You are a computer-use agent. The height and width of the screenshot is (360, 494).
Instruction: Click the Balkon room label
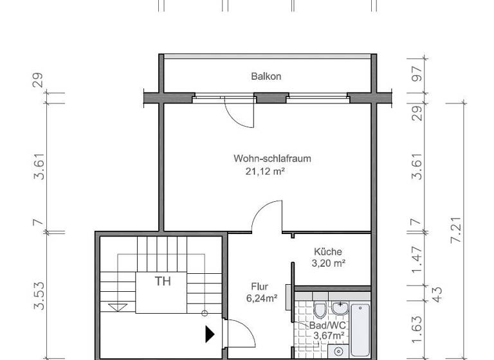(x=266, y=76)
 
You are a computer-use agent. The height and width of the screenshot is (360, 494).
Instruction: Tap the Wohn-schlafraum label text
(x=264, y=158)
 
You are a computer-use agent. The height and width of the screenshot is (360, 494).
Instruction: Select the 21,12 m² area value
(x=264, y=171)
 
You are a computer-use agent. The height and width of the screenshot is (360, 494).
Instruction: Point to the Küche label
(x=328, y=251)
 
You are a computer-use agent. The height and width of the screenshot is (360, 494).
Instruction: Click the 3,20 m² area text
(x=329, y=263)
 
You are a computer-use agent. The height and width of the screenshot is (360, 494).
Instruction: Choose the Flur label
(x=260, y=287)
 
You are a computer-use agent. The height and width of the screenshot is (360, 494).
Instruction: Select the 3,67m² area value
(x=327, y=336)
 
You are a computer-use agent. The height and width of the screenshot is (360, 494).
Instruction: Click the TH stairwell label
(x=162, y=280)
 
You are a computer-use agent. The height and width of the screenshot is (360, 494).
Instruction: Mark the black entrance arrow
(x=210, y=334)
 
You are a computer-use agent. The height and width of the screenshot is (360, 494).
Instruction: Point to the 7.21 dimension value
(x=457, y=230)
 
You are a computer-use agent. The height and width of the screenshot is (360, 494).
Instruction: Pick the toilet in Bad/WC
(x=320, y=310)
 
